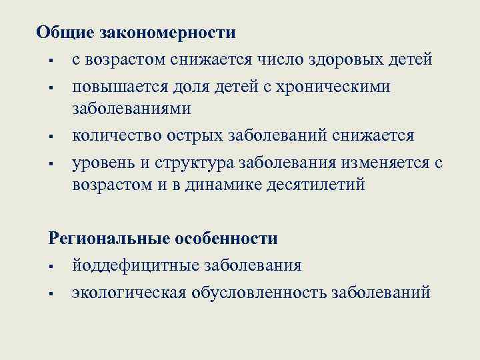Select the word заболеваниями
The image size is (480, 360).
(x=132, y=108)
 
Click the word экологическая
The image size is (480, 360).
(x=129, y=293)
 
